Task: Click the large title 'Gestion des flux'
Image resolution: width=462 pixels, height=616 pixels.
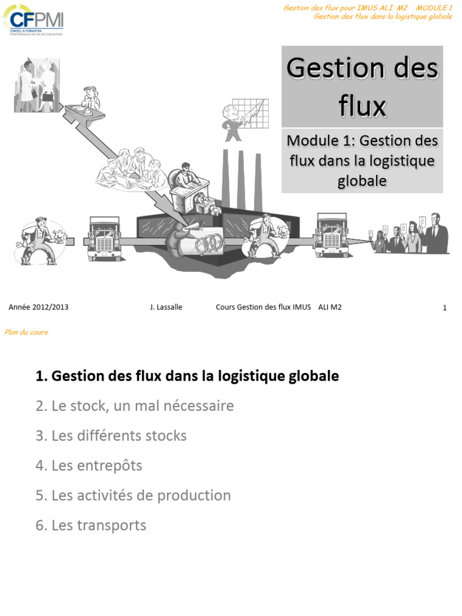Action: [x=362, y=87]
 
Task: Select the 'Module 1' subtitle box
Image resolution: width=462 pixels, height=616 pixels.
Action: [x=362, y=160]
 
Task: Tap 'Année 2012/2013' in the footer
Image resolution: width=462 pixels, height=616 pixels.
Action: [x=38, y=307]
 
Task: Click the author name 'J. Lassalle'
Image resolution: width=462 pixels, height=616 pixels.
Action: [x=166, y=307]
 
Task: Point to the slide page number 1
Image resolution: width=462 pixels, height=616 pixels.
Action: [x=445, y=308]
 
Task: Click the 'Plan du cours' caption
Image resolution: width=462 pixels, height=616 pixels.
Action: [x=26, y=332]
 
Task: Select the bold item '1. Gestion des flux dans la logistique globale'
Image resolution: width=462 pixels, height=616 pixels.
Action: [x=187, y=377]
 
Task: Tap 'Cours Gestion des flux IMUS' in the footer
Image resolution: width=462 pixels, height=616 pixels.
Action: [x=263, y=307]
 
